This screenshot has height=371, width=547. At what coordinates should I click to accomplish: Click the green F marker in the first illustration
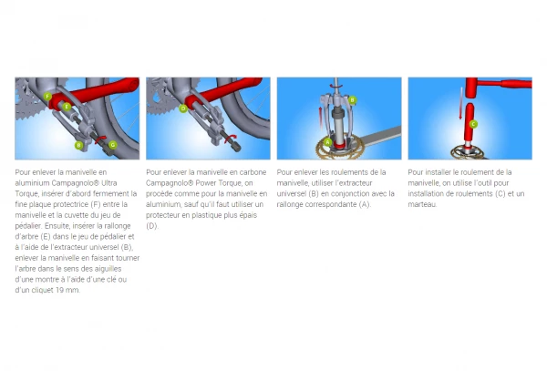click(x=47, y=95)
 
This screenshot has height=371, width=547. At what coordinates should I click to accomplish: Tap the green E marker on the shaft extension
click(x=67, y=107)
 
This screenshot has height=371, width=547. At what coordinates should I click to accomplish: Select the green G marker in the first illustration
click(x=112, y=144)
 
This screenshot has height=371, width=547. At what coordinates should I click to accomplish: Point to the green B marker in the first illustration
click(x=79, y=144)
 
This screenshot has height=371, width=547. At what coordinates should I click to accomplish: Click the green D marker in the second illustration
click(x=183, y=108)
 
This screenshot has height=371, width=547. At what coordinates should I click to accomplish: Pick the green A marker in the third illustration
click(x=327, y=142)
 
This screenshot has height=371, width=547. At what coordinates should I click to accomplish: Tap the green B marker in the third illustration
click(x=352, y=100)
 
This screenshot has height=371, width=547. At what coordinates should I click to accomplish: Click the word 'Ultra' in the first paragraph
click(x=121, y=182)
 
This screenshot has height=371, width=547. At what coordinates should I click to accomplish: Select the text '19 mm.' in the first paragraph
click(x=67, y=291)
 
